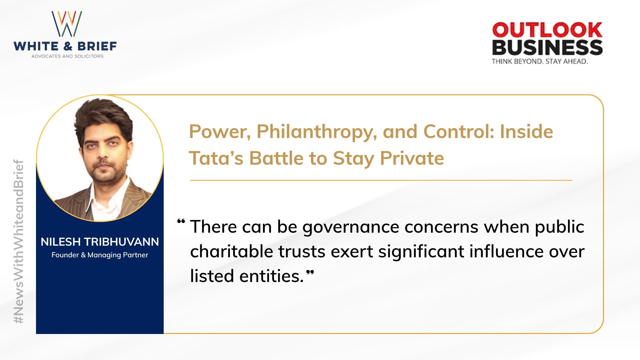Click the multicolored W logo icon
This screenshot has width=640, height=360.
pyautogui.click(x=67, y=24)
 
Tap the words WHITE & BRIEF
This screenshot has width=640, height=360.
pyautogui.click(x=65, y=46)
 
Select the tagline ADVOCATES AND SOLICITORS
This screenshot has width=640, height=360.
pyautogui.click(x=67, y=56)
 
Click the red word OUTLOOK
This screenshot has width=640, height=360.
pyautogui.click(x=547, y=30)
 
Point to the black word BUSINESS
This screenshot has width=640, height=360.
pyautogui.click(x=547, y=47)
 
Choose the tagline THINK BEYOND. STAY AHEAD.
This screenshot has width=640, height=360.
pyautogui.click(x=539, y=61)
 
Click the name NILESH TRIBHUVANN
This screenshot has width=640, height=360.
pyautogui.click(x=100, y=242)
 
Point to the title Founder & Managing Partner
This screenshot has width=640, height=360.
pyautogui.click(x=100, y=255)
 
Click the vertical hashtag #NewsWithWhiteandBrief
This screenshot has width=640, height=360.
pyautogui.click(x=19, y=241)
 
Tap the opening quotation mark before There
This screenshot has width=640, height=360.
pyautogui.click(x=181, y=221)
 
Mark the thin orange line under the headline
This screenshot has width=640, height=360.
pyautogui.click(x=381, y=180)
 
